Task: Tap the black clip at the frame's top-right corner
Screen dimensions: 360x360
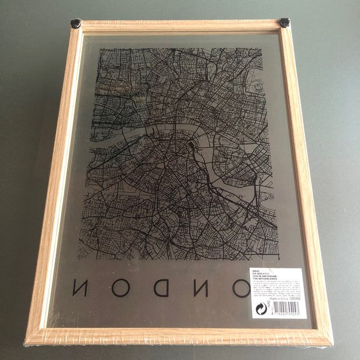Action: [285, 23]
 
